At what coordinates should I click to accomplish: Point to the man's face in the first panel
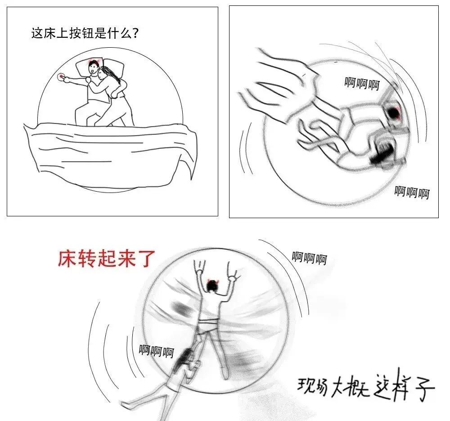pyautogui.click(x=93, y=68)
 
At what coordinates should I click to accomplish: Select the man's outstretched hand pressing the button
pyautogui.click(x=67, y=79)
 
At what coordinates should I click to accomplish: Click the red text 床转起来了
pyautogui.click(x=107, y=259)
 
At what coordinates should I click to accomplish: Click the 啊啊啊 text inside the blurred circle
pyautogui.click(x=362, y=84)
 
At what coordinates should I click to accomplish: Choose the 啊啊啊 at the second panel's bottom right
pyautogui.click(x=412, y=192)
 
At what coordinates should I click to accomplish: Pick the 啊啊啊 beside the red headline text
pyautogui.click(x=310, y=258)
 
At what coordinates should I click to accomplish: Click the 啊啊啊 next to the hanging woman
pyautogui.click(x=157, y=351)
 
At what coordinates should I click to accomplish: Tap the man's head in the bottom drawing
pyautogui.click(x=212, y=286)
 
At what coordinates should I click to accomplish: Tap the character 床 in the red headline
pyautogui.click(x=67, y=259)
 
